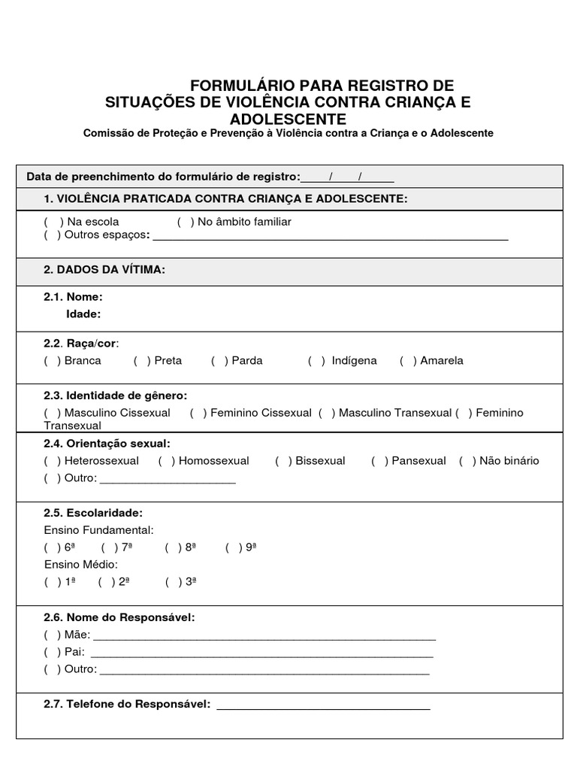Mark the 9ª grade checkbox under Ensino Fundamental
[234, 547]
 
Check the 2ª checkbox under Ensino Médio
[106, 581]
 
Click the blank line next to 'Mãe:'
[263, 637]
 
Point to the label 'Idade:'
[83, 314]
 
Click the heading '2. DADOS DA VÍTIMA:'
[104, 270]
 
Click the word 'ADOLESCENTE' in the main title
[288, 120]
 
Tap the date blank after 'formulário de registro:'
[347, 178]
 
